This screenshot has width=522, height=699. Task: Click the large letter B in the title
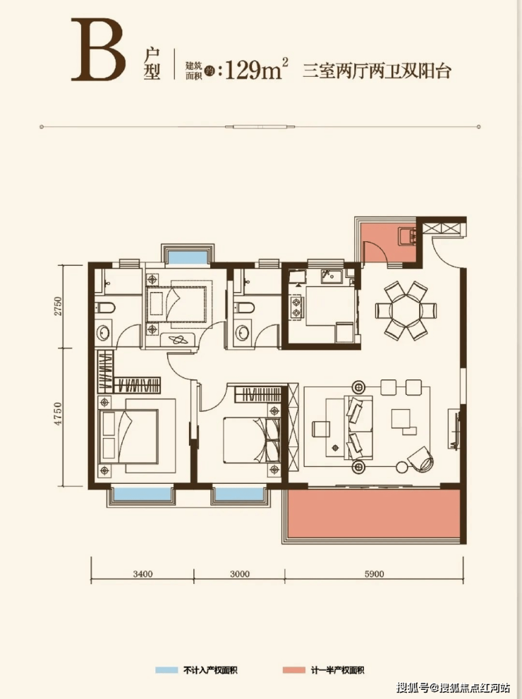[x=99, y=49]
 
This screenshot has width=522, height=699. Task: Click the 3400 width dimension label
[x=142, y=573]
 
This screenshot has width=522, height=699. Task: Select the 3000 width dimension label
[x=240, y=573]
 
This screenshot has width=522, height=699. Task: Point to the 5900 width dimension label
[x=374, y=573]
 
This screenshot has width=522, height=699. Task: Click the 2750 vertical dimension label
[x=57, y=306]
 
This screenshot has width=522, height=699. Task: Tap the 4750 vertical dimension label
[x=57, y=414]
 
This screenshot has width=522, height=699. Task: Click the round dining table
[x=406, y=310]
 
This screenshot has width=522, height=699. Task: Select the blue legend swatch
[x=166, y=670]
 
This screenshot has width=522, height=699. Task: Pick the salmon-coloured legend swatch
[x=293, y=670]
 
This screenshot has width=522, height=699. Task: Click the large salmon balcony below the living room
[x=374, y=513]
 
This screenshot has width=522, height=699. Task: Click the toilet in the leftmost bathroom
[x=105, y=308]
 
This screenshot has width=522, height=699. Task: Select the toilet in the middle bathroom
[x=244, y=308]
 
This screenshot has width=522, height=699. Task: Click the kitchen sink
[x=332, y=276]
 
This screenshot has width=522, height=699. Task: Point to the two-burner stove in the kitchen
[x=296, y=307]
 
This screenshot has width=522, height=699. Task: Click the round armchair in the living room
[x=420, y=458]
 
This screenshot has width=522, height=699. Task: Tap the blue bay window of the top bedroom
[x=187, y=257]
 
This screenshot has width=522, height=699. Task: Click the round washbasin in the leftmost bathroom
[x=104, y=333]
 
